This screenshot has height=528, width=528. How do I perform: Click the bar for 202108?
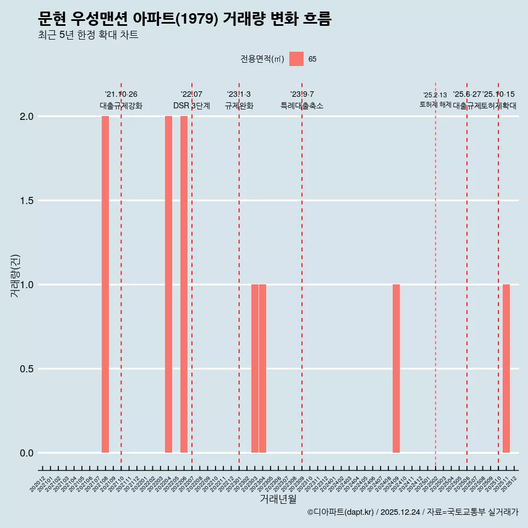pos(105,284)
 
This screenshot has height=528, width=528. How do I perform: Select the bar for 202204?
pos(168,284)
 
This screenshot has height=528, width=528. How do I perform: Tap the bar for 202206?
pos(184,284)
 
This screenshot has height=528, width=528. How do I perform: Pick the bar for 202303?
pos(255,369)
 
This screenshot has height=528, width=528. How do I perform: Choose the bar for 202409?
pos(396,369)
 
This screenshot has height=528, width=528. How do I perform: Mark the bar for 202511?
pos(506,369)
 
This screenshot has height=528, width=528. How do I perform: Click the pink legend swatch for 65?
pos(296,59)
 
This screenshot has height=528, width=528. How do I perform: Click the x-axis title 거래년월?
pos(278,499)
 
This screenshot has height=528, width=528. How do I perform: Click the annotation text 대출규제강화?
pos(121,106)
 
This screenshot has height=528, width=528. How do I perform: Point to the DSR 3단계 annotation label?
pos(191,106)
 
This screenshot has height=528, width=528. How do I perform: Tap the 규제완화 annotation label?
pos(239,106)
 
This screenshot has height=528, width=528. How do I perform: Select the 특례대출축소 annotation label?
pos(302,106)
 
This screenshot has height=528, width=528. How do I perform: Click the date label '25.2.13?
pos(435,95)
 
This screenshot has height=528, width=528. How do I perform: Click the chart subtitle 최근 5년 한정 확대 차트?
pos(88,35)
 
